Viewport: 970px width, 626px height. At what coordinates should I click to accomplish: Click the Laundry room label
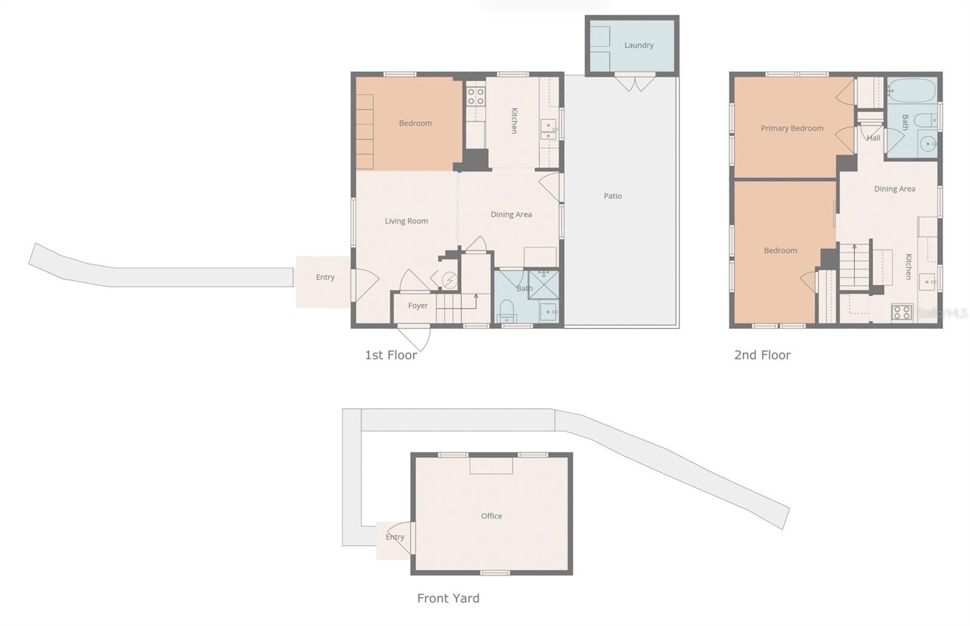[638, 45]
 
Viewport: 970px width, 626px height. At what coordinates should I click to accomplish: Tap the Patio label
[612, 196]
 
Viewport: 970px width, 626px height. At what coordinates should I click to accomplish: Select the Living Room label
[406, 221]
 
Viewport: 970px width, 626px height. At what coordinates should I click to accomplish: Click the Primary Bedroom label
[792, 128]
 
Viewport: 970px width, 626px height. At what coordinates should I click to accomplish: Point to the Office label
[491, 516]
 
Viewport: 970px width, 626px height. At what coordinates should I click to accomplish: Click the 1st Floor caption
[390, 355]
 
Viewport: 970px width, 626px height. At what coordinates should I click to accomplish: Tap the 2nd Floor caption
[762, 355]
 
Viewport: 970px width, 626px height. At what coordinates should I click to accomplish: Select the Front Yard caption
[448, 599]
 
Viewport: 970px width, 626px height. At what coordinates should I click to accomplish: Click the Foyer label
[418, 306]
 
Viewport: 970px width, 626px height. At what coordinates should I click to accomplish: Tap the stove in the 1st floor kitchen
[475, 96]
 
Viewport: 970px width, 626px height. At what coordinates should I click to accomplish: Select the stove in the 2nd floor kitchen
[901, 313]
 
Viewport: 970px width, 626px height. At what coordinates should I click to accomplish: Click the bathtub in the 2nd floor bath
[911, 92]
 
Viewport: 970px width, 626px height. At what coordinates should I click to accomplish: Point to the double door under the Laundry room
[635, 82]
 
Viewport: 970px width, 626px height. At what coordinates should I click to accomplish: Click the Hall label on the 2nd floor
[873, 138]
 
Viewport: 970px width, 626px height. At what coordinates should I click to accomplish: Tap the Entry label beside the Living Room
[325, 278]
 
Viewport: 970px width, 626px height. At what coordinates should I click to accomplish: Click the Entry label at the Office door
[395, 538]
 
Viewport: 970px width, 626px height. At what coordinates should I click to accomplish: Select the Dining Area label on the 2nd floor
[894, 189]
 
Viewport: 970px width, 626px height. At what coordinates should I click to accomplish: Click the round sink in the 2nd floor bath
[928, 145]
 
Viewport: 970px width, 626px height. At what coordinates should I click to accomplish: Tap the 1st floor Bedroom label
[415, 124]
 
